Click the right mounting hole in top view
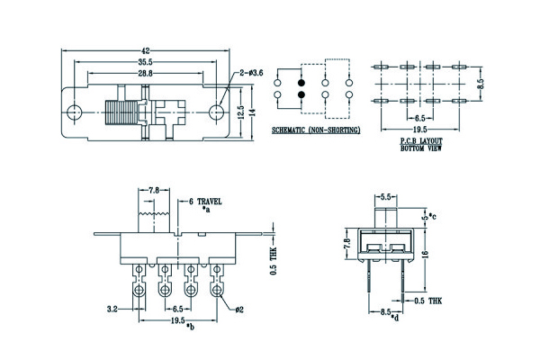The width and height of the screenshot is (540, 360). coord(217,112)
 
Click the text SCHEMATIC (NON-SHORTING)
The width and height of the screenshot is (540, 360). coord(315,130)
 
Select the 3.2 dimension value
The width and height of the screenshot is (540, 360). coord(113,309)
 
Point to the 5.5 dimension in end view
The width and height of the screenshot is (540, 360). coord(384,196)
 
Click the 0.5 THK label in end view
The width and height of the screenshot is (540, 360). coord(427,301)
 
